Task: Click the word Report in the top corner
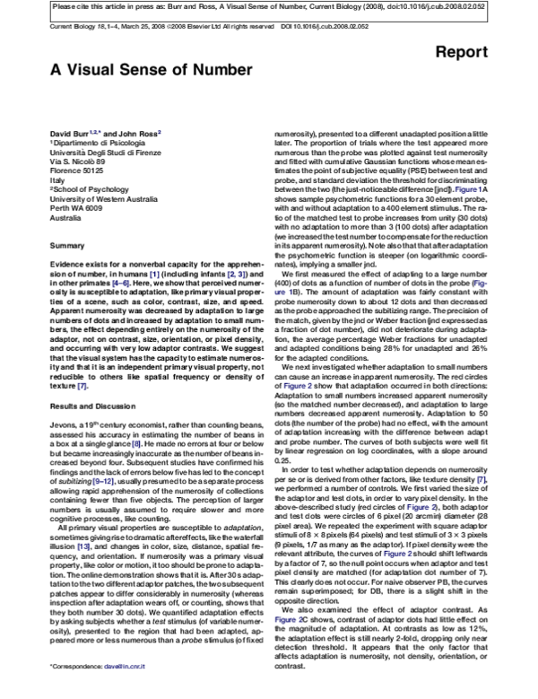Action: (x=490, y=53)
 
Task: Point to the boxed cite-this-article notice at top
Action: (x=269, y=6)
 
